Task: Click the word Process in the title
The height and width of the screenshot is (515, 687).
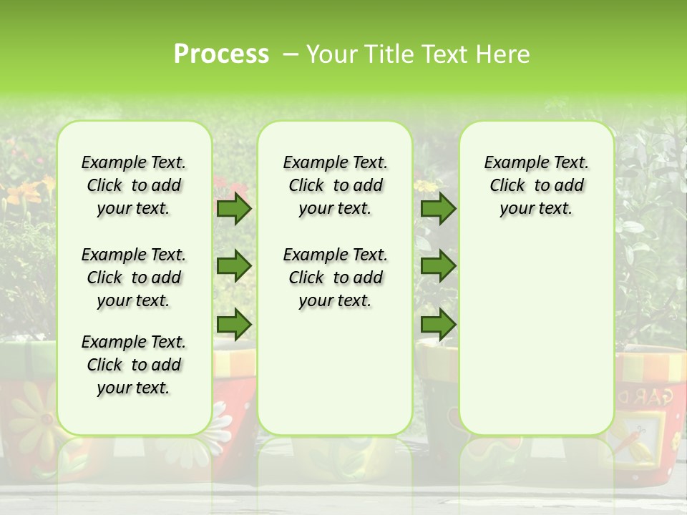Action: [221, 54]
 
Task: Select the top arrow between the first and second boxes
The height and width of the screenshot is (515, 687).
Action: [234, 209]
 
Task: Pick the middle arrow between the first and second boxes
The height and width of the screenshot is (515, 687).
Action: [234, 266]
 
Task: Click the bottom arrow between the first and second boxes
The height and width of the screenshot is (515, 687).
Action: [234, 325]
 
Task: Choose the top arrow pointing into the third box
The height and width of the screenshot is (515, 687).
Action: [438, 209]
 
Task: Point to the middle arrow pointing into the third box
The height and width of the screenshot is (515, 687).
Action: [438, 266]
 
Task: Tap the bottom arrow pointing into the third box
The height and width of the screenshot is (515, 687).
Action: [438, 325]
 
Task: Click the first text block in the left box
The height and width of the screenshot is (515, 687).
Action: [134, 186]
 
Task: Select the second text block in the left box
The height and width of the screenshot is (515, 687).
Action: [134, 278]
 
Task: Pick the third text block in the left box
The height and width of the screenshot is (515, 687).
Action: [134, 365]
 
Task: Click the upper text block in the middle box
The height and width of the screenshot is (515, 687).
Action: [335, 186]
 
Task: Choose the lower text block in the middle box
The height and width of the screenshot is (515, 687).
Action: [335, 278]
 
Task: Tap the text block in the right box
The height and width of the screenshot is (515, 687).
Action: [536, 186]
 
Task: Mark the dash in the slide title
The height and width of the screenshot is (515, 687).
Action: [291, 54]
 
